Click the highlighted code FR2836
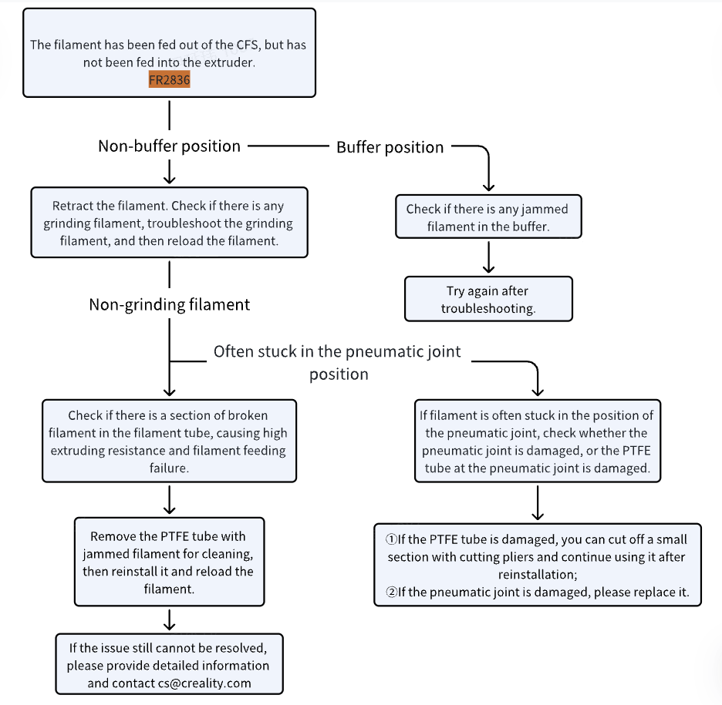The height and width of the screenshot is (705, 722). [x=170, y=79]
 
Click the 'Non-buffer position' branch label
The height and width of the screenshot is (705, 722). [x=170, y=146]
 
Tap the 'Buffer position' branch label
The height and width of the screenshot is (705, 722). [x=390, y=147]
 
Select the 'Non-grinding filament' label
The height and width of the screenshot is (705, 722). [x=170, y=304]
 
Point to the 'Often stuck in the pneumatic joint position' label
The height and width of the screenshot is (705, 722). [x=338, y=362]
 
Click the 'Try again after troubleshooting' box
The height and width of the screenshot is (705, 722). [x=488, y=299]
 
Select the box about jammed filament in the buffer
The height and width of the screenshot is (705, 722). [x=488, y=217]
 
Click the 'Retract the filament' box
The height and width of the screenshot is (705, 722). [x=170, y=223]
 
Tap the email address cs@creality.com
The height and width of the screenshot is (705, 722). [x=204, y=683]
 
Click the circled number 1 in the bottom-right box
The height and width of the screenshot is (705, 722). [x=391, y=539]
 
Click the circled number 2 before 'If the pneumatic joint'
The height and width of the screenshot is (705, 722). [x=391, y=592]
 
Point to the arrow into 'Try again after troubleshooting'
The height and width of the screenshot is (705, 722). [x=488, y=257]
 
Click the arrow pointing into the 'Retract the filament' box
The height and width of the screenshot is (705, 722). [x=170, y=172]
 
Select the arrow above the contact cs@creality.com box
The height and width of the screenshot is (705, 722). [x=170, y=619]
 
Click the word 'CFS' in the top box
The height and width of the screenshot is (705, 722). [x=248, y=45]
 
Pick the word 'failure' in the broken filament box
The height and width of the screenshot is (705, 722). [x=169, y=468]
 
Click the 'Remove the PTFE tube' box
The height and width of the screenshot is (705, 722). [x=170, y=562]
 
